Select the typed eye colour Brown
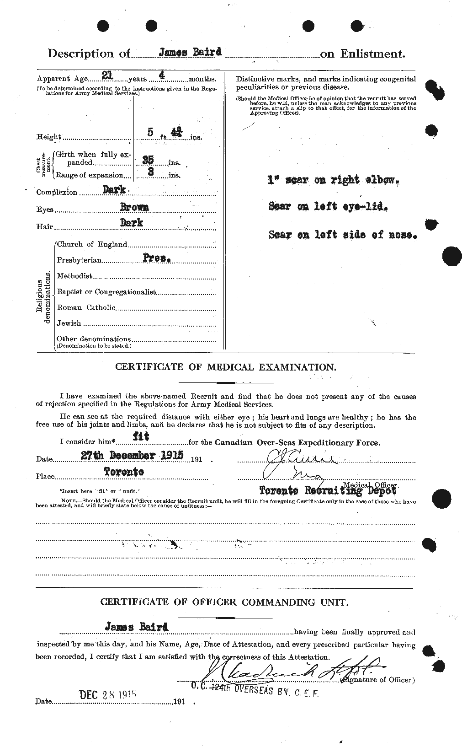(x=134, y=207)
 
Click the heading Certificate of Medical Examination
(x=226, y=367)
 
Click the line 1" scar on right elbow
(x=334, y=180)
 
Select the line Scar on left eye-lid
(x=329, y=207)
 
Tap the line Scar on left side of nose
(x=343, y=235)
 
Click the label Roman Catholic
(x=86, y=308)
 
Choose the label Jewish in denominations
(x=69, y=323)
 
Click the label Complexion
(x=57, y=193)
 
